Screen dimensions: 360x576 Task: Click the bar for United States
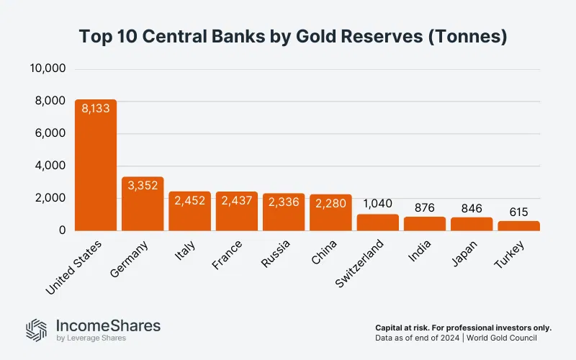(x=96, y=165)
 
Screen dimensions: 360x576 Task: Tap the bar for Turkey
(x=518, y=225)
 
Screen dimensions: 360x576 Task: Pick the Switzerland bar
(x=378, y=222)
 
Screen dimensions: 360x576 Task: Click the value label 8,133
(x=96, y=112)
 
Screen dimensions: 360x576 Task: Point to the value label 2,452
(x=190, y=200)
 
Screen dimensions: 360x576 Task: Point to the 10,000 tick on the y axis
(x=48, y=69)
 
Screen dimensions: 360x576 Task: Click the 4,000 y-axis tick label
(x=50, y=166)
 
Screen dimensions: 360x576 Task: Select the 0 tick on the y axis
(x=63, y=230)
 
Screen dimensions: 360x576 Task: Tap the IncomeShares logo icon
(x=36, y=329)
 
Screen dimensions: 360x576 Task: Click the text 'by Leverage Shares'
(x=91, y=338)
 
